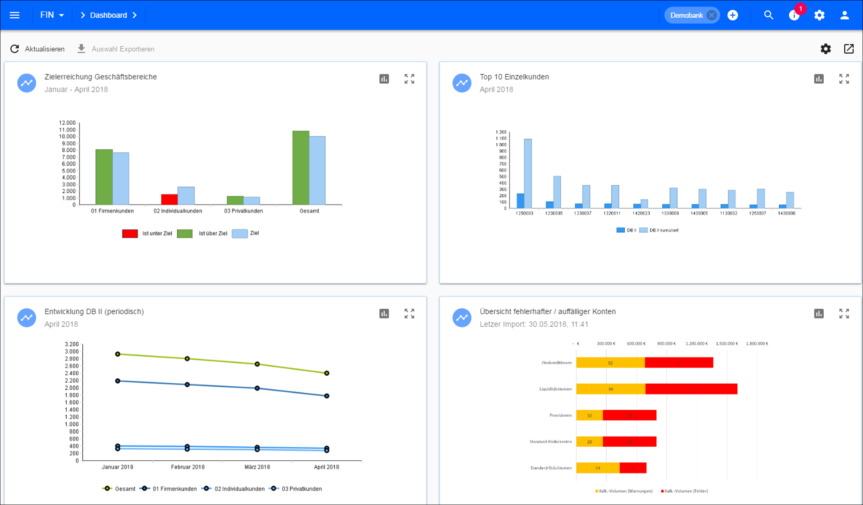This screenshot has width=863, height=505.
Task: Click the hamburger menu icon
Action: pos(15,15)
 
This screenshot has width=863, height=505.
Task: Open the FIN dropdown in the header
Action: pos(52,15)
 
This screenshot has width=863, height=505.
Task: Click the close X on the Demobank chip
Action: pos(711,15)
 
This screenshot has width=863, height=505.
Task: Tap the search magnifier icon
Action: pos(768,15)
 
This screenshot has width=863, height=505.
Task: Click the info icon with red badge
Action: pos(794,15)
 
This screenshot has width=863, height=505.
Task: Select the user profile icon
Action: pos(845,15)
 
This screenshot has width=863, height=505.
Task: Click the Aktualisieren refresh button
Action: pos(37,49)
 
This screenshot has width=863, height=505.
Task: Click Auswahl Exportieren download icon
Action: pos(82,49)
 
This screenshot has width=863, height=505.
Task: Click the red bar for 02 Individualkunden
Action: pos(169,200)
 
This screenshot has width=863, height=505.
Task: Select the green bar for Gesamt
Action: pos(301,168)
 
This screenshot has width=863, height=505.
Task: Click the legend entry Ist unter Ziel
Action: pos(147,233)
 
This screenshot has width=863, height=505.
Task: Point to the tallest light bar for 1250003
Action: pos(528,174)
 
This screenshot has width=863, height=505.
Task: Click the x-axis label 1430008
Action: pos(786,213)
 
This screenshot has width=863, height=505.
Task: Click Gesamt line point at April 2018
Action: pos(327,373)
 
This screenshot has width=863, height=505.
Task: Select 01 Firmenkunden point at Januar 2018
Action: pos(118,381)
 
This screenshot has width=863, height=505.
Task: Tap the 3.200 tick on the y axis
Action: pos(71,344)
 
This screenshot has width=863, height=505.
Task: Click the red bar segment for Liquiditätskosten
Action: pos(691,389)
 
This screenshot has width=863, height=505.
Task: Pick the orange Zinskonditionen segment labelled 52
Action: pos(610,363)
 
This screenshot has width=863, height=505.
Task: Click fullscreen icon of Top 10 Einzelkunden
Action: pos(844,79)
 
